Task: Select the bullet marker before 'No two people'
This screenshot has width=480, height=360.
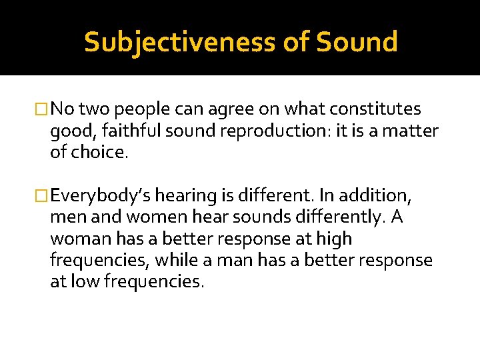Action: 43,109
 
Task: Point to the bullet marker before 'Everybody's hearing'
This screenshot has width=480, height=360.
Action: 43,195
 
